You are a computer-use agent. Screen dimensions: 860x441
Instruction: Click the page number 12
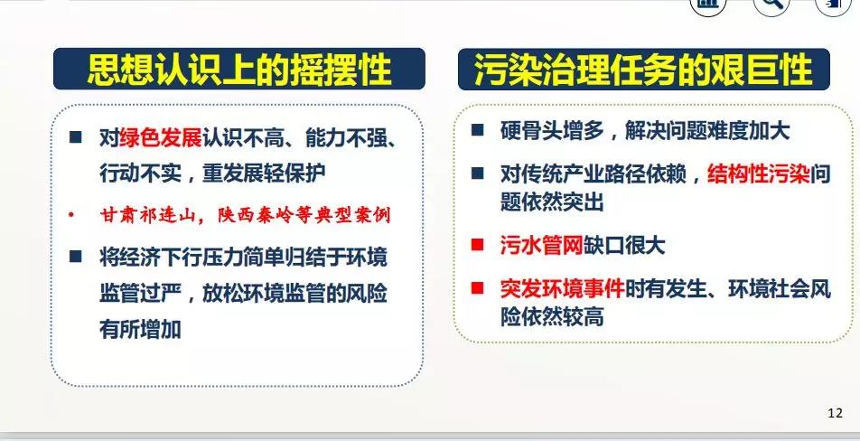(x=835, y=413)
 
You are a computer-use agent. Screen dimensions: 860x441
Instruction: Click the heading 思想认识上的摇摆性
(x=239, y=70)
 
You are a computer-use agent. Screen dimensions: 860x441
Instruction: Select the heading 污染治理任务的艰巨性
(x=643, y=70)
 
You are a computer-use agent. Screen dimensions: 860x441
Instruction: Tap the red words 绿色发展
(x=161, y=138)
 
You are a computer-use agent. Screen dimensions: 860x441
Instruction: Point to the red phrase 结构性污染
(x=759, y=174)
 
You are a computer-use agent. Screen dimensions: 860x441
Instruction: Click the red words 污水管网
(x=541, y=245)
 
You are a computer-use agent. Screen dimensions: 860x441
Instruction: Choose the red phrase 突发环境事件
(x=562, y=288)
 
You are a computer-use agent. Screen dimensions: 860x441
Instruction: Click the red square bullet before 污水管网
(x=478, y=244)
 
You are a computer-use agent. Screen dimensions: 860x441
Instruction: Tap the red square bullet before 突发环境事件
(x=478, y=287)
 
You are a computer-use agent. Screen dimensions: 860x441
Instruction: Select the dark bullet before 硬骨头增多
(x=478, y=130)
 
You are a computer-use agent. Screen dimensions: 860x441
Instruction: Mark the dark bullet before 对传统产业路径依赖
(x=478, y=174)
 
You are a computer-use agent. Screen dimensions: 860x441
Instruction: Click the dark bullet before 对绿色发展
(x=76, y=137)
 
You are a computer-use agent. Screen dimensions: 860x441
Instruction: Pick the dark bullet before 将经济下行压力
(x=76, y=256)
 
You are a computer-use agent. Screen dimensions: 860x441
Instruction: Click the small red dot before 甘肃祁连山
(x=71, y=214)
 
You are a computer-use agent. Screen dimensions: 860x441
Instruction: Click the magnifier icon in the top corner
(x=771, y=5)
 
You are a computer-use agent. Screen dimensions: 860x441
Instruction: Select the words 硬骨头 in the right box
(x=531, y=131)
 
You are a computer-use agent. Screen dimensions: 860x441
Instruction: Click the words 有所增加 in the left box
(x=140, y=330)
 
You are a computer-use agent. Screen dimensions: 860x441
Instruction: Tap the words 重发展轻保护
(x=265, y=174)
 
